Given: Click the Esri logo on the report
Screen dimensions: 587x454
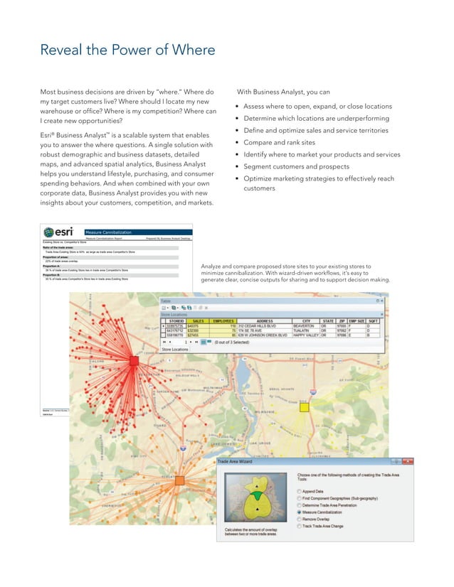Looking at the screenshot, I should (62, 232).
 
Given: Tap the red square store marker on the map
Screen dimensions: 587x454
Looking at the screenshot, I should (134, 361).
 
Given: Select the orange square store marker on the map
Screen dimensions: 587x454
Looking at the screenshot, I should (179, 480).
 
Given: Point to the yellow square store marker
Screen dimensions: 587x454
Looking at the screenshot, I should (304, 407).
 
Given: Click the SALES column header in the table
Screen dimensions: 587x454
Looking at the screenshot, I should (199, 321).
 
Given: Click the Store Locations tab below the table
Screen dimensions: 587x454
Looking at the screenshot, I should (175, 350).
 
